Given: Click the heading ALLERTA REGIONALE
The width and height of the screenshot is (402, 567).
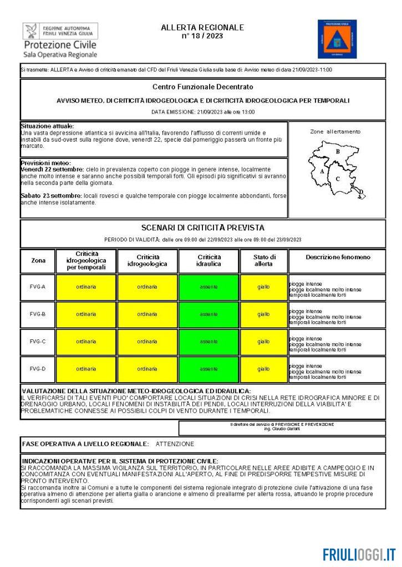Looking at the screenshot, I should coord(202,27).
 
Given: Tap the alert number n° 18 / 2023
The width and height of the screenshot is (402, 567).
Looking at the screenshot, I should coord(202,35).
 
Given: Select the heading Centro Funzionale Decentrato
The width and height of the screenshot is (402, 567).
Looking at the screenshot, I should coord(202,87).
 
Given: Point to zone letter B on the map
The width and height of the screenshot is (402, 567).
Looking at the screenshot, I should coord(337,151).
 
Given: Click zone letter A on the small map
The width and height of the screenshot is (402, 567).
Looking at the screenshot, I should coord(322,172).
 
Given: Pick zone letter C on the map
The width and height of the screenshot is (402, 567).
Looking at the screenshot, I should coord(337,178).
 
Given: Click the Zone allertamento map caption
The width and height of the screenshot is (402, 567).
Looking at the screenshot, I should coord(335,132).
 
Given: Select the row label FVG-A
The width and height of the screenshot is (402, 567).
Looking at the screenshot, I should coord(38,287).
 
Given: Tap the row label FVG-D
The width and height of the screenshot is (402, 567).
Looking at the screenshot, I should coord(38,369).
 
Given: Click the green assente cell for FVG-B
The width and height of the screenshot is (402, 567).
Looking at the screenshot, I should coord(208,315).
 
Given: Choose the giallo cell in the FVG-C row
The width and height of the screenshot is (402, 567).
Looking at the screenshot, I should coord(263,342).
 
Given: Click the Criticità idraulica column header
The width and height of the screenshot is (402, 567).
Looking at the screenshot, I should coord(208,261).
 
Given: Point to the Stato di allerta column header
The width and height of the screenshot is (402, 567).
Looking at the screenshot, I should coord(263,261).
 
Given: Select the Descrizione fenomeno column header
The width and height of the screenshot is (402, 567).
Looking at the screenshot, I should coord(337,257).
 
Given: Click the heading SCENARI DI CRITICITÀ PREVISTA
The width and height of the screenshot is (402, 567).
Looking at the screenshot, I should coord(202,228).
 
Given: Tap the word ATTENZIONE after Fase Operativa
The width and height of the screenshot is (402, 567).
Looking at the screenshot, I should coord(175,444).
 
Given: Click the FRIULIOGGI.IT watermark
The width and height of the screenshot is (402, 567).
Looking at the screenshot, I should coord(359,554).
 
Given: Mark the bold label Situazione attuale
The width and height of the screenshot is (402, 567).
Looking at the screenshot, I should coord(47,126).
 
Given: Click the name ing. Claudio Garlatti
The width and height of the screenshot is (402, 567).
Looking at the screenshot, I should coord(282,429).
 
